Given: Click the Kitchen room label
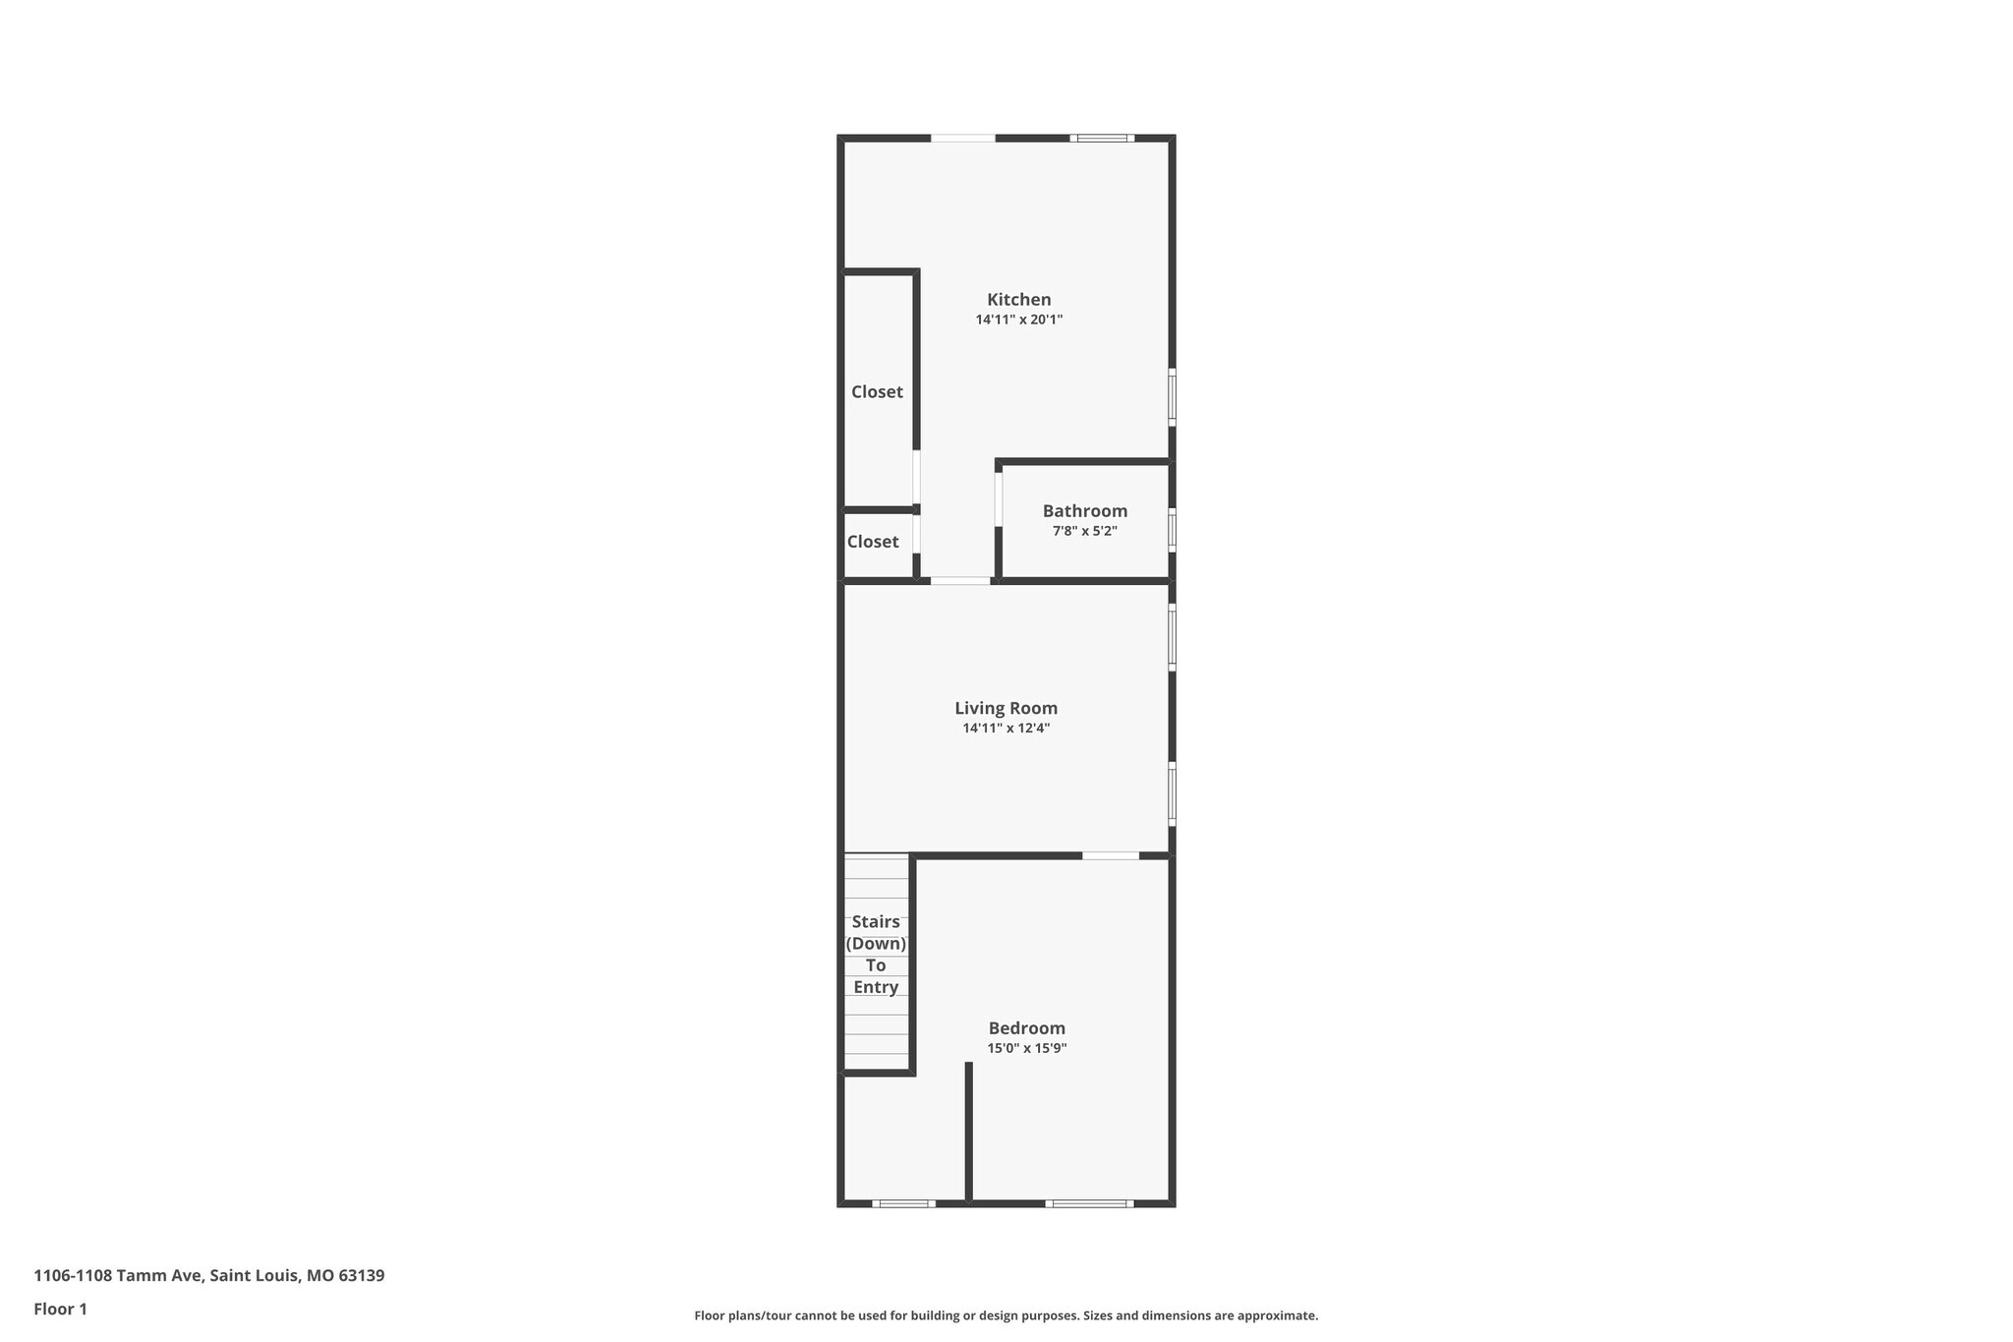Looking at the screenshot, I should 1018,300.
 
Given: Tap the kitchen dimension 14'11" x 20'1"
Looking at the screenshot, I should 1018,320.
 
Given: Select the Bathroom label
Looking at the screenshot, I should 1084,511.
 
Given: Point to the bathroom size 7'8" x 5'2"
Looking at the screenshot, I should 1084,531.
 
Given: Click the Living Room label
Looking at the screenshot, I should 1006,708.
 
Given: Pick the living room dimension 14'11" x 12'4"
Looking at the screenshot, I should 1006,729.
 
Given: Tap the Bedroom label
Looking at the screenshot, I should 1026,1028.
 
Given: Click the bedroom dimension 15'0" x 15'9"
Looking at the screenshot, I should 1026,1048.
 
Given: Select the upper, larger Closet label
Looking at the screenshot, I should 877,392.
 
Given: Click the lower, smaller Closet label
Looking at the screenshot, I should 873,542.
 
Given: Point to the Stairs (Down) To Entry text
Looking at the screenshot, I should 876,954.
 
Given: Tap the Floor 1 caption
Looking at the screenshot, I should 60,1309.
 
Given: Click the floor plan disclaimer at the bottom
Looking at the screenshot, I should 1006,1315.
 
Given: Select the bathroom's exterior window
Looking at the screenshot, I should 1172,530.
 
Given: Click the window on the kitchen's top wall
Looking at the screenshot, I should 1102,139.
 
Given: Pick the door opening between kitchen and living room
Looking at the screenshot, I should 960,581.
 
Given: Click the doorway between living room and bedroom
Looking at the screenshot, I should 1111,856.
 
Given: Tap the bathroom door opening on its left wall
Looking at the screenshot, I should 999,499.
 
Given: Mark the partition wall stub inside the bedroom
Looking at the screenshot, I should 968,1131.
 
